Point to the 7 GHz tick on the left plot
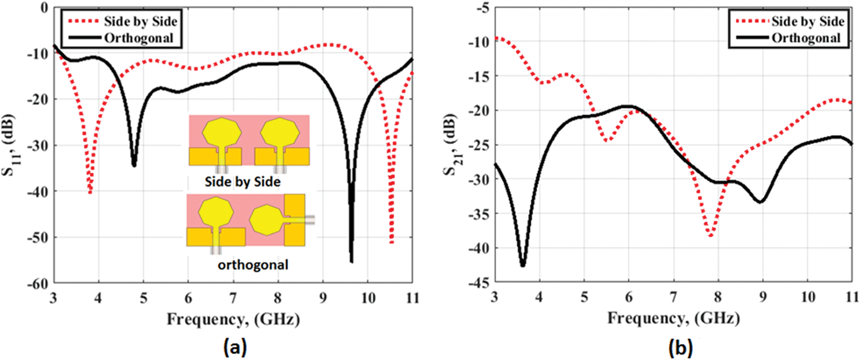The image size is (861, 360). (x=233, y=298)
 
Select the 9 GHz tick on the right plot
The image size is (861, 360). (x=763, y=297)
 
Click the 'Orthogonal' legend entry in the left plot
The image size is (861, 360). (x=138, y=38)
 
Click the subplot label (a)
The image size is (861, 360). (x=236, y=346)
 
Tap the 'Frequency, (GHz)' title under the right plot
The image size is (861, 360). (x=674, y=318)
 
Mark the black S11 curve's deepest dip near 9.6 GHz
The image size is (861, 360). (x=352, y=262)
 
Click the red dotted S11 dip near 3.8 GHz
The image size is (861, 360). (x=90, y=192)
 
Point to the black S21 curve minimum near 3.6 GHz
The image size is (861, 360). (x=523, y=265)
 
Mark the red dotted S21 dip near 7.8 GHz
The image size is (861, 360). (x=711, y=235)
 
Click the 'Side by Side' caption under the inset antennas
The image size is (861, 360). (x=243, y=182)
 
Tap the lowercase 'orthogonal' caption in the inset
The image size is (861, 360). (x=253, y=265)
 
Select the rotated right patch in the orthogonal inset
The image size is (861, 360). (x=266, y=220)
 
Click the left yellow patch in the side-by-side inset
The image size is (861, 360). (x=222, y=132)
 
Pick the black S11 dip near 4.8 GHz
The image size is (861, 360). (x=134, y=165)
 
